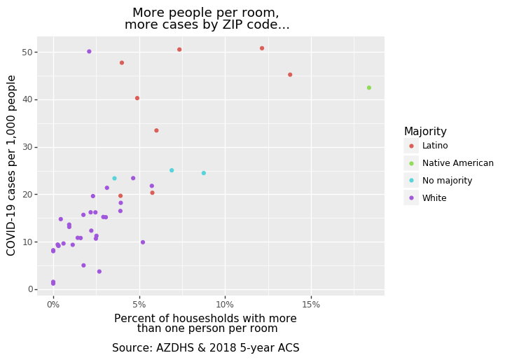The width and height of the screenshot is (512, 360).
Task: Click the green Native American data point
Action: pos(369,88)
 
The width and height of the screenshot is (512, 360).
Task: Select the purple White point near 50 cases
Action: pos(89,51)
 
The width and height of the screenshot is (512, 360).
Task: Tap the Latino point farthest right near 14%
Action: pos(290,75)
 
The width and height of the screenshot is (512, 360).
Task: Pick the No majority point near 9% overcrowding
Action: pos(204,173)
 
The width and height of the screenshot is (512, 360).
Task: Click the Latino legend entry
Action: pos(434,146)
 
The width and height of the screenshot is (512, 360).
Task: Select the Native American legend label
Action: pos(457,163)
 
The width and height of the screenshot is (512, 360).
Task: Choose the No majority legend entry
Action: pos(447,181)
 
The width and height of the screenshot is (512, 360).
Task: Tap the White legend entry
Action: pos(434,198)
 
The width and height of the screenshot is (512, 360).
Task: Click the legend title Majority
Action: pos(425,132)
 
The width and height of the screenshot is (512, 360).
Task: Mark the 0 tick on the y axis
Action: pos(29,289)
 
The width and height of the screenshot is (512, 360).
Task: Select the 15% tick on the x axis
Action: pos(311,305)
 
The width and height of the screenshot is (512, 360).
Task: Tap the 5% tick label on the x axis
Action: pos(139,305)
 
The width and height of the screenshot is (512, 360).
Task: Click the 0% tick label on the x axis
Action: pos(53,305)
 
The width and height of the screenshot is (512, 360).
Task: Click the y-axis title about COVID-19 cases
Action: pos(12,165)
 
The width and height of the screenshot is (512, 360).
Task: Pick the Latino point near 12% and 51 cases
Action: pos(262,48)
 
